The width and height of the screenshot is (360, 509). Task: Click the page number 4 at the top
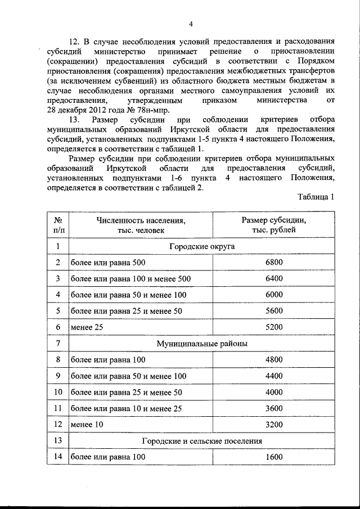pos(191,24)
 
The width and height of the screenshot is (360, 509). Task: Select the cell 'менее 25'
pos(85,327)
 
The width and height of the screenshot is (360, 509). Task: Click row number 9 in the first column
pos(57,375)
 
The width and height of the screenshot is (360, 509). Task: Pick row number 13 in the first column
pos(57,441)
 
